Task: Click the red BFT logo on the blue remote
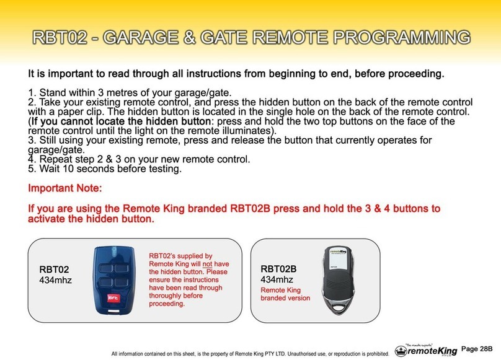[104, 296]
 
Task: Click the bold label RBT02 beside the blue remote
[54, 270]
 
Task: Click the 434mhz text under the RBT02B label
[277, 279]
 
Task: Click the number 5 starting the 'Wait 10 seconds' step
[31, 168]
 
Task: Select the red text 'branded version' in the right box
[285, 299]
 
